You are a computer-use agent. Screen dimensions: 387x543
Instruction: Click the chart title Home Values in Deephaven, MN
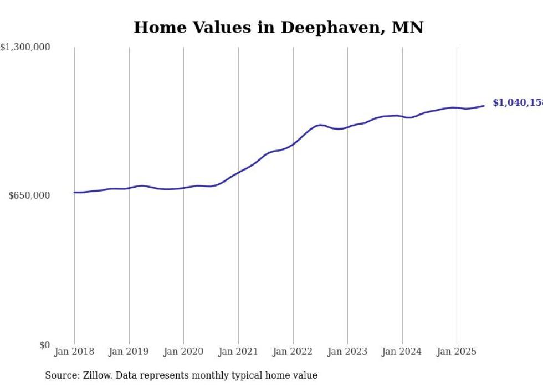pyautogui.click(x=278, y=27)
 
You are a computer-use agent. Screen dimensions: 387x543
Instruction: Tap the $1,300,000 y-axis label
pyautogui.click(x=25, y=48)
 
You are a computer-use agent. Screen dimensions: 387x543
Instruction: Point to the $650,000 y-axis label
pyautogui.click(x=29, y=195)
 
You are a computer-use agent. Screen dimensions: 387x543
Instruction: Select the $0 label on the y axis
pyautogui.click(x=44, y=345)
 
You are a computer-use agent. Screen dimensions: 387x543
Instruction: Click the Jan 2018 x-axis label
pyautogui.click(x=74, y=352)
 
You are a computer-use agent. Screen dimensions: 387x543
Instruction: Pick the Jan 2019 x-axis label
pyautogui.click(x=129, y=352)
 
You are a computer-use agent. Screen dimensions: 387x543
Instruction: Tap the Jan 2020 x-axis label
pyautogui.click(x=183, y=352)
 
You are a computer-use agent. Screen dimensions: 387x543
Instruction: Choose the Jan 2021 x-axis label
pyautogui.click(x=238, y=352)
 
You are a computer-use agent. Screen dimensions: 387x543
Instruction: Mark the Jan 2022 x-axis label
pyautogui.click(x=293, y=352)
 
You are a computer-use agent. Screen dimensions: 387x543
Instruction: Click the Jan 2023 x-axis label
pyautogui.click(x=347, y=352)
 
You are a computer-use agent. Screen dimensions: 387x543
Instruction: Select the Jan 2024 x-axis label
pyautogui.click(x=402, y=352)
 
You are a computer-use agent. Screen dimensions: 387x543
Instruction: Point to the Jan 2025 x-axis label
pyautogui.click(x=457, y=352)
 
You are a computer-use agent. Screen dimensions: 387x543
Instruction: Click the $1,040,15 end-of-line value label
pyautogui.click(x=517, y=103)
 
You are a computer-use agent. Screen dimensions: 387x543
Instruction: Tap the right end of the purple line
pyautogui.click(x=484, y=106)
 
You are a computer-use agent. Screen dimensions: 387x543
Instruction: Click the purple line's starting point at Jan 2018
pyautogui.click(x=74, y=192)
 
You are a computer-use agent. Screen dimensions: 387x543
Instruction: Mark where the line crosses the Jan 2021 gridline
pyautogui.click(x=238, y=172)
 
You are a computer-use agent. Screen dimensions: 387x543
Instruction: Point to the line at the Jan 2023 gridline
pyautogui.click(x=347, y=127)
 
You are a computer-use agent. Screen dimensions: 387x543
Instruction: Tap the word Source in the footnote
pyautogui.click(x=60, y=375)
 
